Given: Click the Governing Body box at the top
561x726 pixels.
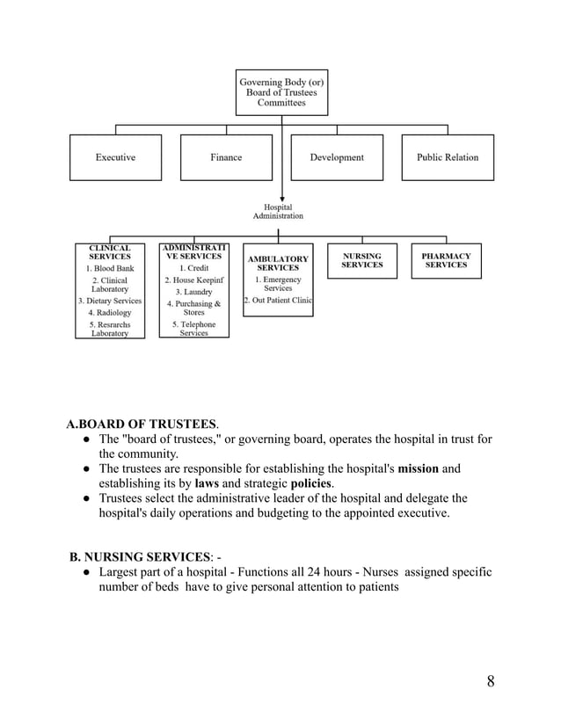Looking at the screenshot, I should tap(281, 92).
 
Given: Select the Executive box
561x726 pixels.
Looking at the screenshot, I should tap(115, 157).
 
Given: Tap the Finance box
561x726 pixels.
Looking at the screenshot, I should tap(226, 157).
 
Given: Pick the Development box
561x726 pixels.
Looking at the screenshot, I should tap(337, 157).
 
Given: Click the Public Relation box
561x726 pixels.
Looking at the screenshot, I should tap(448, 157).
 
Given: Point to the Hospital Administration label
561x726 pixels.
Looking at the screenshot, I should tap(278, 211).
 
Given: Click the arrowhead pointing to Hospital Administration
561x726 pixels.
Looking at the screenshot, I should tap(281, 199).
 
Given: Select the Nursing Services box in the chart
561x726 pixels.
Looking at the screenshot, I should tap(361, 261).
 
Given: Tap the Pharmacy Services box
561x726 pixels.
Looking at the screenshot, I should tap(446, 261).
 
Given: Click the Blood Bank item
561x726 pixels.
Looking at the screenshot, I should tap(110, 268).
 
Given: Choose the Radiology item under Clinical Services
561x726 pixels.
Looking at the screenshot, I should tap(110, 312).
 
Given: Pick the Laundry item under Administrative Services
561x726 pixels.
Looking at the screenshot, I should tap(193, 292).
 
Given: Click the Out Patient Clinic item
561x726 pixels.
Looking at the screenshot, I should tap(278, 301).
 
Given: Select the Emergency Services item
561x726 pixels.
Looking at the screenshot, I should tap(278, 284).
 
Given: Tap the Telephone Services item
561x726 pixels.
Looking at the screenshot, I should tap(193, 329).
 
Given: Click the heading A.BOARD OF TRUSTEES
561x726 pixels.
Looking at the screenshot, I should tap(142, 423).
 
